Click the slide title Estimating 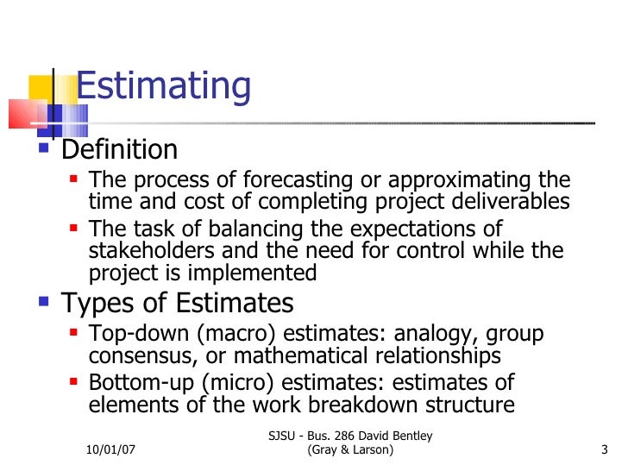[x=164, y=87]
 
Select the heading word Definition [x=119, y=150]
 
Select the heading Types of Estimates [x=177, y=304]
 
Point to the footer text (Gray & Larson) [x=350, y=451]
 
